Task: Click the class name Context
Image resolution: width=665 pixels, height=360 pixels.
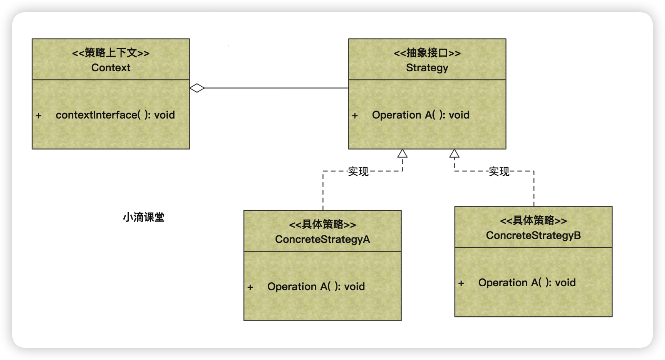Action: pos(111,68)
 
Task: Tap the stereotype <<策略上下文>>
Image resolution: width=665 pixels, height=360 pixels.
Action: pos(111,53)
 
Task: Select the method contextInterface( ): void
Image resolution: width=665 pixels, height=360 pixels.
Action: pos(115,115)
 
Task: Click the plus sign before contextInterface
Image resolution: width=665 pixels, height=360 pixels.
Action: pos(39,116)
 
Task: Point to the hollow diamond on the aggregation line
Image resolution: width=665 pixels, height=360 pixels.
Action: pos(197,88)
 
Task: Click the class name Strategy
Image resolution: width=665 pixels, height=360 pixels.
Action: pos(427,68)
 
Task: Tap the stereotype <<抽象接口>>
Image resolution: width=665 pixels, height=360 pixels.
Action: pos(427,53)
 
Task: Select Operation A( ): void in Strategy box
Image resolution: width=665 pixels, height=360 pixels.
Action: pos(420,115)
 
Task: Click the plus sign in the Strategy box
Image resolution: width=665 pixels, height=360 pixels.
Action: pos(355,116)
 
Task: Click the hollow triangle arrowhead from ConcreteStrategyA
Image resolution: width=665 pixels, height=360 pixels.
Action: pos(402,154)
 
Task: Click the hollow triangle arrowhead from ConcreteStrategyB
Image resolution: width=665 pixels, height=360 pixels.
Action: pos(454,154)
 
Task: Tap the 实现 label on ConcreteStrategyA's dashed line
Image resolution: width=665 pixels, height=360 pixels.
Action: pos(358,172)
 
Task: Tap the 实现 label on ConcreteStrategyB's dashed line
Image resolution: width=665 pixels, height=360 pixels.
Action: pos(499,172)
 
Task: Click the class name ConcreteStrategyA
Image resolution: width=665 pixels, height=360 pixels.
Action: pos(322,239)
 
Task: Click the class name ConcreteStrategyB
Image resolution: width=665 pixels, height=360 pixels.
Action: pos(533,235)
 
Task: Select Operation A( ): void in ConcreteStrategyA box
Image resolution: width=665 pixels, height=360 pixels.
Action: pos(316,287)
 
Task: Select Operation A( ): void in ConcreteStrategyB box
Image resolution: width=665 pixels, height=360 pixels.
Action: pos(527,283)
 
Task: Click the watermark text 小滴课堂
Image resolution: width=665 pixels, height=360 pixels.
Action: pos(144,217)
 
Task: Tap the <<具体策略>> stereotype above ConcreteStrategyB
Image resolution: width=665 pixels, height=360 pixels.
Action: pos(533,221)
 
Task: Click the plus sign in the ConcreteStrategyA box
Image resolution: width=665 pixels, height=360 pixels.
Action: pos(250,287)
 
